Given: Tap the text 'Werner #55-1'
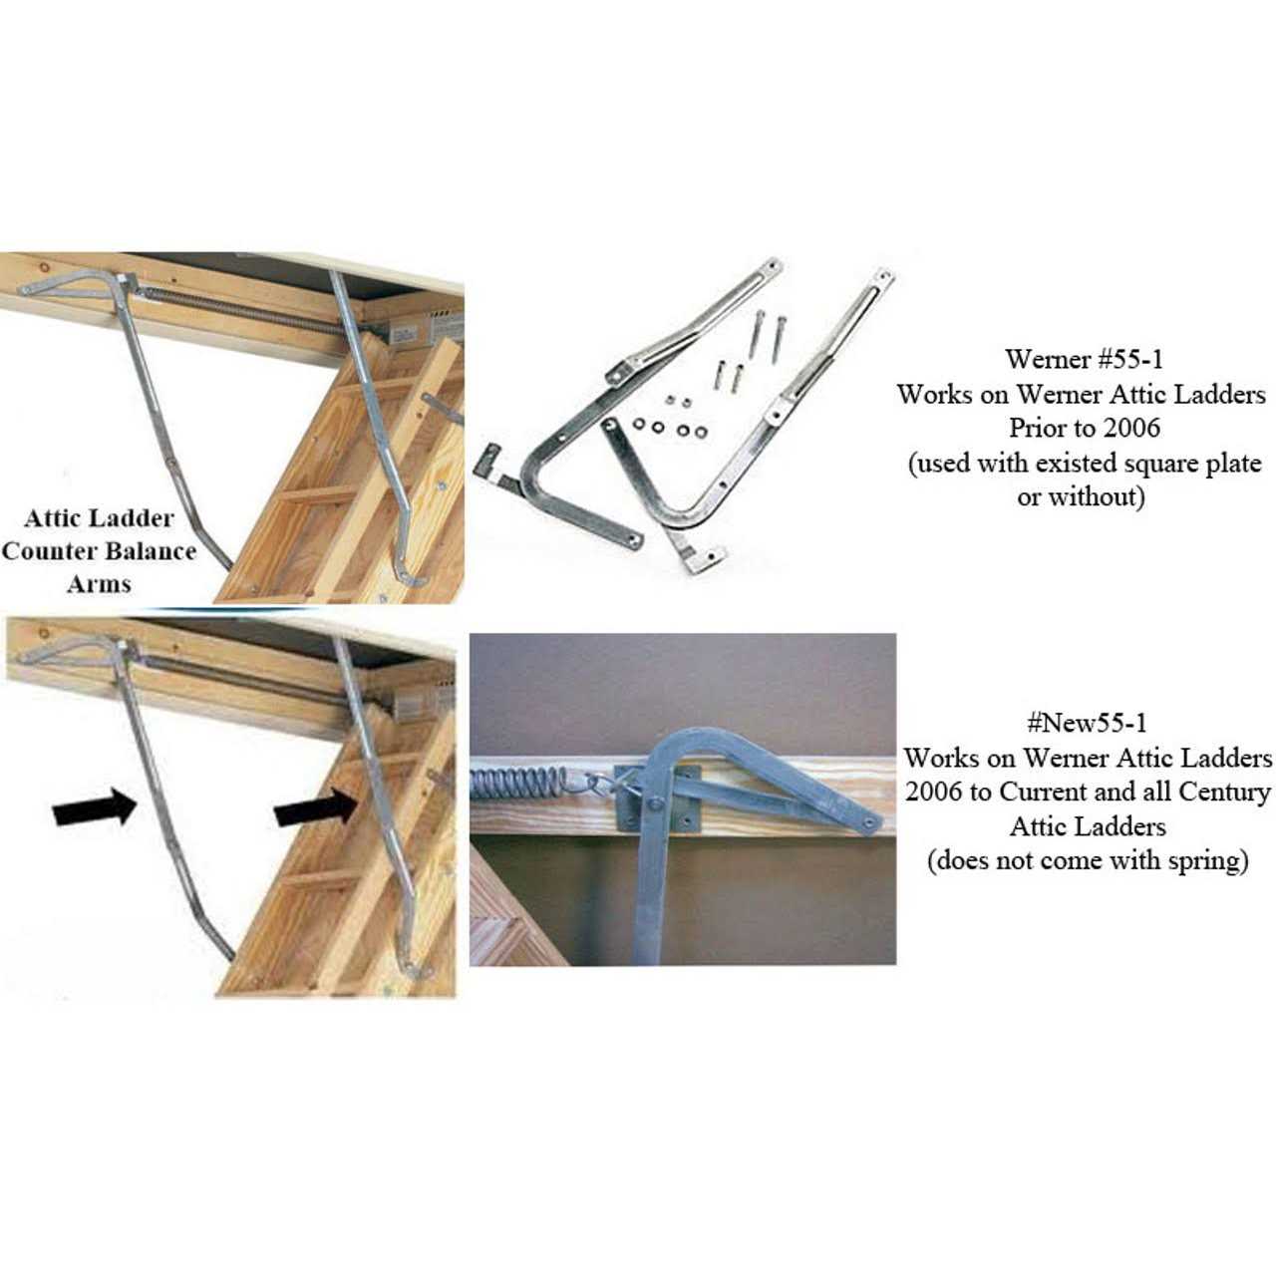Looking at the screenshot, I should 1083,359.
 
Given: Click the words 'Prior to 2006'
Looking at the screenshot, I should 1084,428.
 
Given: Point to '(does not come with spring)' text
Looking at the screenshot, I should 1087,859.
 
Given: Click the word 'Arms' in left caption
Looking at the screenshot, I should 99,584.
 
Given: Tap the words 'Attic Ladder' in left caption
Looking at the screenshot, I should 99,518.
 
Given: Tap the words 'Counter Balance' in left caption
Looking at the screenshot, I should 99,551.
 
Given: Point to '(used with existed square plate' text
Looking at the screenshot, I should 1084,463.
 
